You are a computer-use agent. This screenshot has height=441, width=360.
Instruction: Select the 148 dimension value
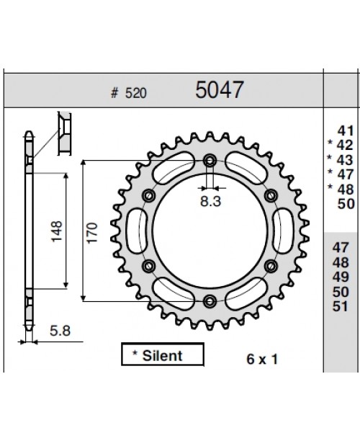point(57,231)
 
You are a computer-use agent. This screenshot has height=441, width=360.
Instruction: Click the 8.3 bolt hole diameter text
point(210,202)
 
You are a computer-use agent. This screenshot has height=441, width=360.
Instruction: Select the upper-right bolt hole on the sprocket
point(271,195)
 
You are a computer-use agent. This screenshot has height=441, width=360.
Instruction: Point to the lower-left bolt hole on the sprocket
point(149,267)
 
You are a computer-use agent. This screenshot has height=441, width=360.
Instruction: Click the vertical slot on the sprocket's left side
point(135,231)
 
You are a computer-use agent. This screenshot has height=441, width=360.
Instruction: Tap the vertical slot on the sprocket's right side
point(284,231)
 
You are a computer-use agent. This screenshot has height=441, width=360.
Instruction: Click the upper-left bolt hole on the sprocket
point(149,195)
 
